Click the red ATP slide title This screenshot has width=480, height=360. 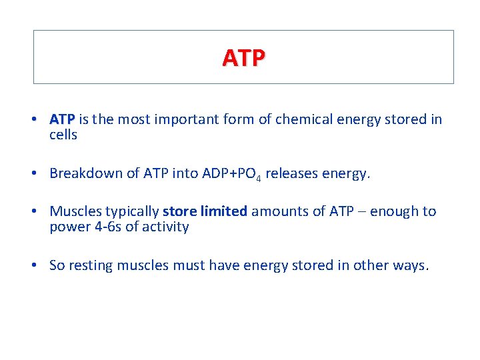[x=243, y=58]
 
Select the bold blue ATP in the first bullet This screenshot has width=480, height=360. [x=62, y=119]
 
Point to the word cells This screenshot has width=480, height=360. [x=63, y=135]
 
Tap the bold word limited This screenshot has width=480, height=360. [x=224, y=211]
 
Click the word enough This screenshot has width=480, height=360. [x=395, y=211]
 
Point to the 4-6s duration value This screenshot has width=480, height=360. [x=97, y=227]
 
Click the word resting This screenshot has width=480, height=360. [x=89, y=265]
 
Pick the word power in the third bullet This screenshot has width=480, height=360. [x=66, y=227]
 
